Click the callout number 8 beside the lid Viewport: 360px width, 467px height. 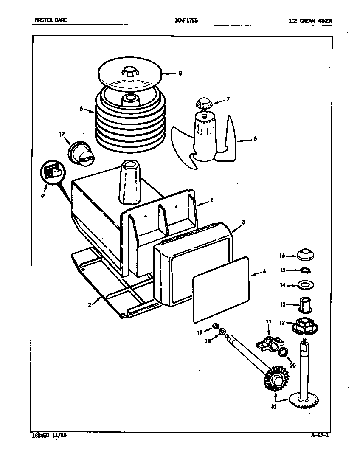point(180,73)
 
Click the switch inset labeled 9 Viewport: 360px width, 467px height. point(51,173)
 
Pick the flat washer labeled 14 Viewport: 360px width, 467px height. point(305,284)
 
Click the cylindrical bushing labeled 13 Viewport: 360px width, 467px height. point(305,304)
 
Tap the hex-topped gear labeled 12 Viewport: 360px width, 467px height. point(305,326)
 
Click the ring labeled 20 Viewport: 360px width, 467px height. point(284,352)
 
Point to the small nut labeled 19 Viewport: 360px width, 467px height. point(215,326)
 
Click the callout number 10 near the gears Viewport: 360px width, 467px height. point(273,407)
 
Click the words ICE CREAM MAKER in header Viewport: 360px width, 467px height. point(310,20)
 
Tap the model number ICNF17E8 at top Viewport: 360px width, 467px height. point(186,20)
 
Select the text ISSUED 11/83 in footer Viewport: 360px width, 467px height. point(46,435)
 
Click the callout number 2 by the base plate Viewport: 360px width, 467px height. point(90,304)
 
